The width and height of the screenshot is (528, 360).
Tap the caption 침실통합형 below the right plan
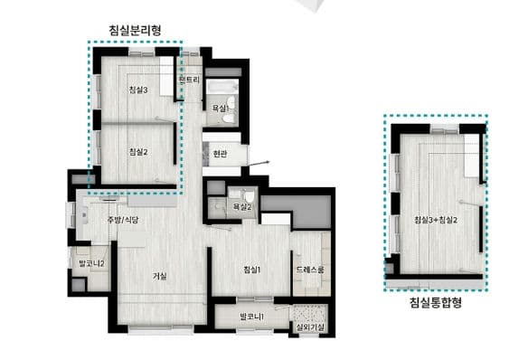436,302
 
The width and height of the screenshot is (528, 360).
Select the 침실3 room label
138,90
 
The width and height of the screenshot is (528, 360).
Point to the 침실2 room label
138,151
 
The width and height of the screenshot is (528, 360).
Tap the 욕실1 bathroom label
222,108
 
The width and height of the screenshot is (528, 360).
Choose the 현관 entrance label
221,154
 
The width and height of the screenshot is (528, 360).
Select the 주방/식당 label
122,221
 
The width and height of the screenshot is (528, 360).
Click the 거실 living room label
160,276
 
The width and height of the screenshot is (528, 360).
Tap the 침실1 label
252,270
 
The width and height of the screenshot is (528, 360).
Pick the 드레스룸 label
310,270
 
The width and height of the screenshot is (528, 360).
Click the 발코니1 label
250,316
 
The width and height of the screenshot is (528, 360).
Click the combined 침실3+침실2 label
436,220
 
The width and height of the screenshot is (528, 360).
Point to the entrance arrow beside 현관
261,162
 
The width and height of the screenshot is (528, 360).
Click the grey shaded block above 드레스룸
310,212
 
